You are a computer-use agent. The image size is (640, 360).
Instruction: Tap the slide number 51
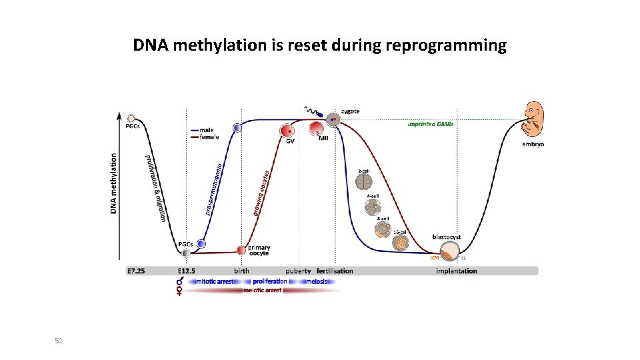(59, 341)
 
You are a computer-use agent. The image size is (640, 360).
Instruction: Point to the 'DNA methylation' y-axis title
(113, 184)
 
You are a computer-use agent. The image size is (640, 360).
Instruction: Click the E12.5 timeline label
(190, 271)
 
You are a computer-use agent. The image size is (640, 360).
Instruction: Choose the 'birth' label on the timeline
(241, 271)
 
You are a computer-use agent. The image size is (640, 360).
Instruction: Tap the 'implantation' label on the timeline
(456, 271)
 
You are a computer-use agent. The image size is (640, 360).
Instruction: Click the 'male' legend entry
(207, 130)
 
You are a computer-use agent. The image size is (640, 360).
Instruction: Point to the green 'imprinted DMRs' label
(431, 124)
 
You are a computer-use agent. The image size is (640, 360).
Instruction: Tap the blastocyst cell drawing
(450, 251)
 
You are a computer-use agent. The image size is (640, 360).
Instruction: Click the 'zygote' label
(351, 111)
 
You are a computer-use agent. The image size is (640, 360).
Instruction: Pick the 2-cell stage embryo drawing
(364, 181)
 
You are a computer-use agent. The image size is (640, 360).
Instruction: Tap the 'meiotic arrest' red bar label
(262, 291)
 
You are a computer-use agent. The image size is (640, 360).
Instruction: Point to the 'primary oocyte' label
(259, 251)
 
